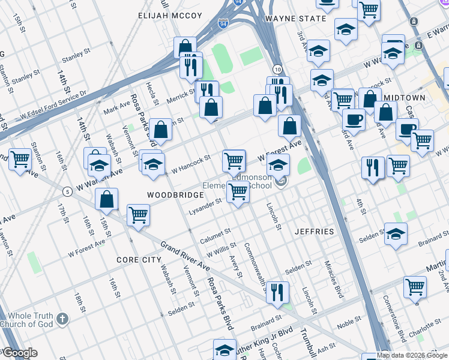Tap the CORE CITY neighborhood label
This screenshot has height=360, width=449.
(x=139, y=260)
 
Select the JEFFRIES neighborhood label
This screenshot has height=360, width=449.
(x=314, y=231)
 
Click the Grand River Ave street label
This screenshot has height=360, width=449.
(x=184, y=256)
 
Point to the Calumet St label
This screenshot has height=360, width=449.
(x=215, y=232)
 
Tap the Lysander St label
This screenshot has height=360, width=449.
(x=206, y=204)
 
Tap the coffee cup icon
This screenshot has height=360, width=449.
(x=354, y=118)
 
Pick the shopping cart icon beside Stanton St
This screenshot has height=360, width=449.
(x=20, y=160)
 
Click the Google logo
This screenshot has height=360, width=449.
(x=19, y=353)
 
